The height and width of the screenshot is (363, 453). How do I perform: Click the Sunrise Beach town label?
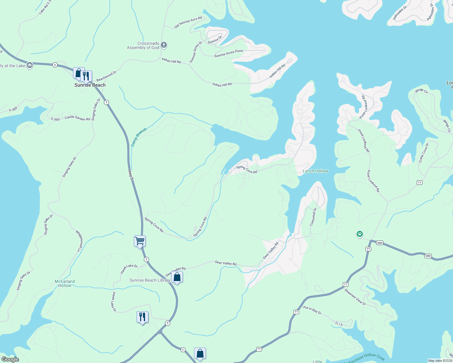point(90,85)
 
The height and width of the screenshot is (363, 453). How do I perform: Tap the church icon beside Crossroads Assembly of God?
point(164,45)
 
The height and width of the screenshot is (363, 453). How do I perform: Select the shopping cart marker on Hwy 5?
point(140,241)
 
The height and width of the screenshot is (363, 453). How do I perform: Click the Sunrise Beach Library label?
point(150,280)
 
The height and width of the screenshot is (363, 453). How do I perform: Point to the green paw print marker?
point(359,234)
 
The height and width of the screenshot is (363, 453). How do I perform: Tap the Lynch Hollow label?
point(315,171)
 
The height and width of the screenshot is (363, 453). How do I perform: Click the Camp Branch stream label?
point(139,137)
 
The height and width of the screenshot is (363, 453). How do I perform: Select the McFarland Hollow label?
point(65,283)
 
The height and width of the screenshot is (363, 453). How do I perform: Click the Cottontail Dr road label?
point(313,217)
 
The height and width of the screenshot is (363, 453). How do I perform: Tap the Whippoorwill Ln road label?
point(79,241)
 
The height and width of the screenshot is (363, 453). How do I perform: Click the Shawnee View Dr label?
point(355,297)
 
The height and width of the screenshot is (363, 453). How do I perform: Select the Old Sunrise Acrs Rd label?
point(188,23)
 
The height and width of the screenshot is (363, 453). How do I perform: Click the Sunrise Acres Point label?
point(229,53)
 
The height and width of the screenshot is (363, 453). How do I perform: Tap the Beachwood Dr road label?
point(106,76)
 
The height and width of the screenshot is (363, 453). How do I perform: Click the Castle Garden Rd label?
point(77,118)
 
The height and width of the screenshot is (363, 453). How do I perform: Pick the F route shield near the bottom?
point(183,350)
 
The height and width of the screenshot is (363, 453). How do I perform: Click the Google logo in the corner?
point(10,359)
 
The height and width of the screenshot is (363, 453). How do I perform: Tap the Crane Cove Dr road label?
point(424,153)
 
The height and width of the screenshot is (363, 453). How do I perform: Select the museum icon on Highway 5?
point(30,65)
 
